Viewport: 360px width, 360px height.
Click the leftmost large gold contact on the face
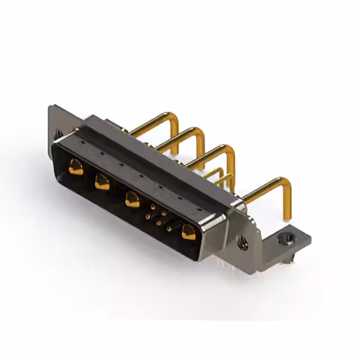click(75, 166)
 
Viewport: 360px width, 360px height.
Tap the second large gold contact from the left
click(102, 182)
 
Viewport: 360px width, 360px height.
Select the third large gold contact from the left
click(133, 199)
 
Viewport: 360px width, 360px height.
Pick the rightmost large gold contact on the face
click(188, 231)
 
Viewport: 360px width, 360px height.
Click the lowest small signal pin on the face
click(168, 229)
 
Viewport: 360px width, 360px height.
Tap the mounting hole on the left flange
click(57, 134)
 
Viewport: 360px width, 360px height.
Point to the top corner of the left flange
click(51, 107)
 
